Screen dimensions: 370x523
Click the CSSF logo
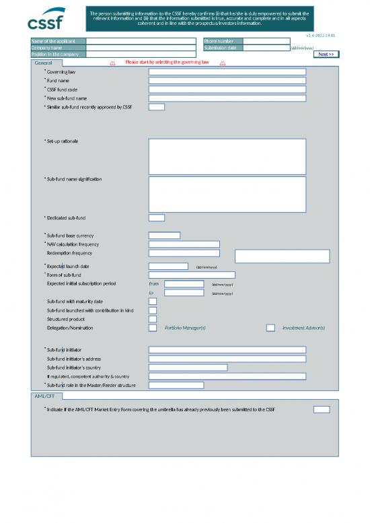(45, 22)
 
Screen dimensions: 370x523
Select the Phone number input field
(266, 41)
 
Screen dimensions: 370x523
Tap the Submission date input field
(266, 48)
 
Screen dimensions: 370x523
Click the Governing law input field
(227, 71)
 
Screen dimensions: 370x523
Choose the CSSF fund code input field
(227, 89)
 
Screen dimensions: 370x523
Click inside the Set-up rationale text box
(227, 156)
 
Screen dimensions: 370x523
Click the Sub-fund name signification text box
(227, 194)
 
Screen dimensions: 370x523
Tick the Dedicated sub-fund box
(156, 217)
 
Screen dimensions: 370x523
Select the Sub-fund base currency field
(164, 236)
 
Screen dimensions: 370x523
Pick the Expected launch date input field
(168, 267)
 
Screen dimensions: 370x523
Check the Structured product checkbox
(153, 319)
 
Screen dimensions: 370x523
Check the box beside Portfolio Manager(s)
(153, 328)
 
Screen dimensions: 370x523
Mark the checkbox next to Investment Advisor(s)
(270, 328)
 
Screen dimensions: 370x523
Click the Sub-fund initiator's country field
(188, 368)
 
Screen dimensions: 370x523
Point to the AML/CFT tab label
(44, 396)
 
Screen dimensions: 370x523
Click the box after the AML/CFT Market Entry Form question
(322, 409)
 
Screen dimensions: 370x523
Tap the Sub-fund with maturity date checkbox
(153, 302)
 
